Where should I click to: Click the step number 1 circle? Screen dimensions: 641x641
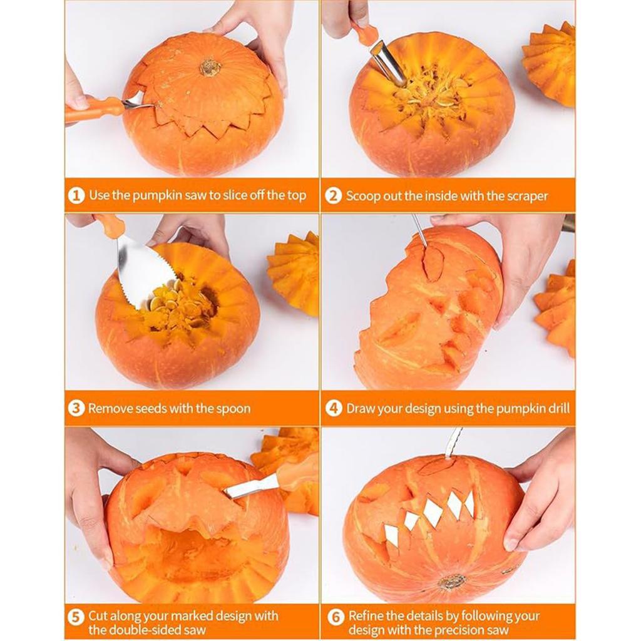coord(76,196)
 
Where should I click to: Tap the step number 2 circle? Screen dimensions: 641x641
coord(334,196)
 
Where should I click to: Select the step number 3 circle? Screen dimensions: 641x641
coord(76,409)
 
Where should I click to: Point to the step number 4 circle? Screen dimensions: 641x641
coord(334,409)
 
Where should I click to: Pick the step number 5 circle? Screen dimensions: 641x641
coord(76,617)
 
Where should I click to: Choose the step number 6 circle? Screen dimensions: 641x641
coord(336,617)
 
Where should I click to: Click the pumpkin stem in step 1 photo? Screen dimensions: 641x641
coord(210,68)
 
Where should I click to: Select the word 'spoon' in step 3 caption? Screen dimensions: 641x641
coord(232,409)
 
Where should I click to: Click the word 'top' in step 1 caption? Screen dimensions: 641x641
coord(295,195)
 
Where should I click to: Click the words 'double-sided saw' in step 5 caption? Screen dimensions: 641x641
coord(146,630)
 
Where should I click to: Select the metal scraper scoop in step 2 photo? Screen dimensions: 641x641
coord(388,63)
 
